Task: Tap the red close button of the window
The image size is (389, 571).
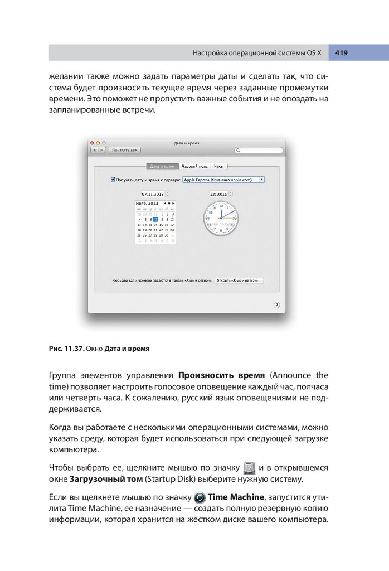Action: click(93, 143)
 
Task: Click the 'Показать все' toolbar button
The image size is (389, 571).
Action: click(123, 150)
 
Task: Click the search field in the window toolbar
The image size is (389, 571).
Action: click(259, 150)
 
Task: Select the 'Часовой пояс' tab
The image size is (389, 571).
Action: click(194, 166)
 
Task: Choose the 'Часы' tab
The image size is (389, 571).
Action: click(220, 166)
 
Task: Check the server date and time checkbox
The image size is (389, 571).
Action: click(113, 180)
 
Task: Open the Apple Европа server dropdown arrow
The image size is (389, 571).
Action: click(262, 180)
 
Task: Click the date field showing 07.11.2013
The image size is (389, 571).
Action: click(149, 194)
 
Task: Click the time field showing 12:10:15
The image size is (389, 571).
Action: click(218, 194)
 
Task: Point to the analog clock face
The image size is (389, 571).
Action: click(221, 218)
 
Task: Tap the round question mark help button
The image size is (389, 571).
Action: click(277, 305)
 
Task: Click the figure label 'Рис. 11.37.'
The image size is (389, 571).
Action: click(66, 349)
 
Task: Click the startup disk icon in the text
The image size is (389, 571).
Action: click(250, 467)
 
